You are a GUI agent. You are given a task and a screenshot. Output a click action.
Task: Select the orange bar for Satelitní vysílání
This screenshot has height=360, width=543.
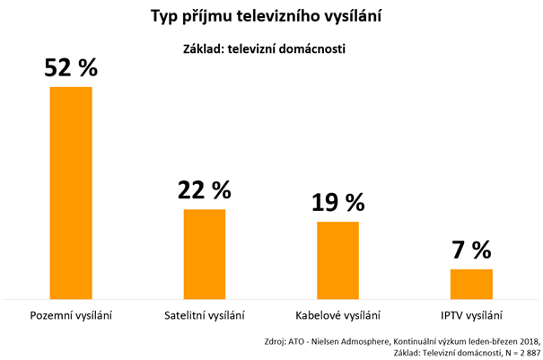(205, 253)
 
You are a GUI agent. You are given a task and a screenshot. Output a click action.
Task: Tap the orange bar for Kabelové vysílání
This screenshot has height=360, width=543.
(338, 259)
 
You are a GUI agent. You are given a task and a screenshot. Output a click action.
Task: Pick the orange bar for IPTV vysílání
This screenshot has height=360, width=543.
(471, 284)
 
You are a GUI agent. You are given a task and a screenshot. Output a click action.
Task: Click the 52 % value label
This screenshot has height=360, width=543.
(71, 67)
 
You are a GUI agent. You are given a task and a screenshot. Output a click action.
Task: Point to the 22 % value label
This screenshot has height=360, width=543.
(205, 190)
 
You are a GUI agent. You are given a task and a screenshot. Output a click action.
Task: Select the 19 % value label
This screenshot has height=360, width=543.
(338, 203)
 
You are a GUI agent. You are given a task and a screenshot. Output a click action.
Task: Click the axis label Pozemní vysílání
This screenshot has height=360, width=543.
(71, 315)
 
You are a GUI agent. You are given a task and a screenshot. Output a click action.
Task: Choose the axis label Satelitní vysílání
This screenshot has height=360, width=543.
(205, 315)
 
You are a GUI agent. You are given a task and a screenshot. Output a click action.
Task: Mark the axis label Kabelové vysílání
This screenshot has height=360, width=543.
(338, 315)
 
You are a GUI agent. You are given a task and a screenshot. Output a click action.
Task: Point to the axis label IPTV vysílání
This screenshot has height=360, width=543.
(471, 315)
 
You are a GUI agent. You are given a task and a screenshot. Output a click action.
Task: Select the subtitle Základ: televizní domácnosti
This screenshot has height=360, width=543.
(270, 49)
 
